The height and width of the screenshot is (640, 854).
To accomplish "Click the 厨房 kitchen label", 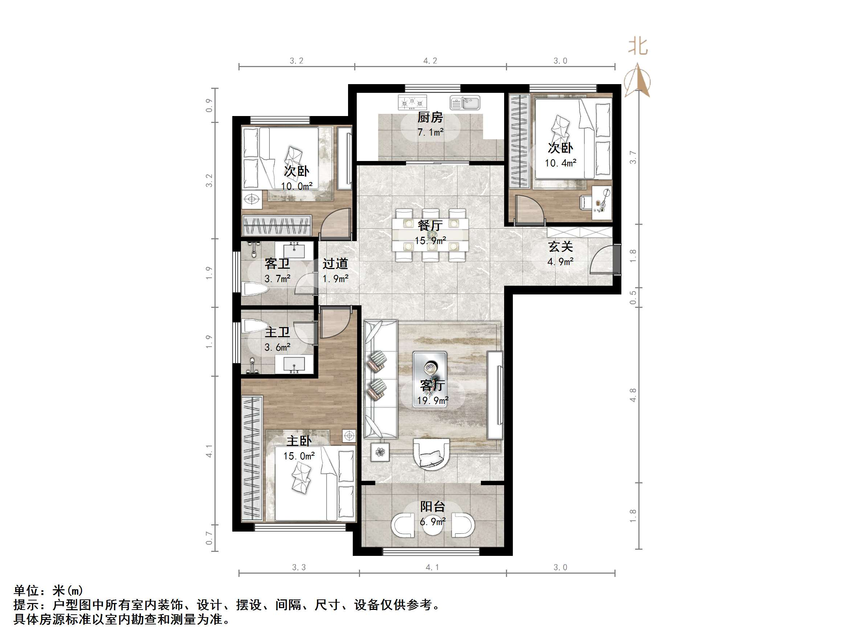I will (430, 117).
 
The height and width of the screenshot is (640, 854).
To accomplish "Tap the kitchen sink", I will (465, 103).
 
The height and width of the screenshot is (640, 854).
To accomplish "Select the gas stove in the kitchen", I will (412, 103).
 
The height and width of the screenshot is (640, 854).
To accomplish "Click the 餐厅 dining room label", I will (430, 225).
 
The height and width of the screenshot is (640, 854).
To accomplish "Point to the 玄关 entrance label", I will (560, 247).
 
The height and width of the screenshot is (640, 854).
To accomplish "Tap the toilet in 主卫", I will (255, 326).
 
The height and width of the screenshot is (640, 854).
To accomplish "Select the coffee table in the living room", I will (430, 379).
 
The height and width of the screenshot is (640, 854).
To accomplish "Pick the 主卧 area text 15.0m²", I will (299, 456).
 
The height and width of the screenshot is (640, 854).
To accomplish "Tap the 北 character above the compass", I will (638, 46).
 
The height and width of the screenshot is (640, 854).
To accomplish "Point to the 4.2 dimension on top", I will (430, 61).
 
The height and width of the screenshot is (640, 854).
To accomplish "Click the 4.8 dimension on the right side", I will (632, 395).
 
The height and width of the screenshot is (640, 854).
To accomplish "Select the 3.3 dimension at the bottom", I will (299, 567).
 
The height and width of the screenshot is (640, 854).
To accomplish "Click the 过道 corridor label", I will (335, 264).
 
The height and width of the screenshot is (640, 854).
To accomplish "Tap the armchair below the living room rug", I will (432, 454).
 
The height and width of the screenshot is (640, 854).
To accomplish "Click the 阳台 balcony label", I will (432, 506).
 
